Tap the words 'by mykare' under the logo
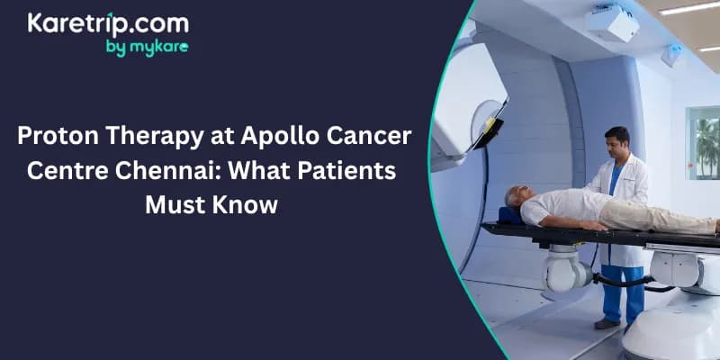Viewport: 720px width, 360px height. pyautogui.click(x=147, y=48)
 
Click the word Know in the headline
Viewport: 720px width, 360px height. pyautogui.click(x=247, y=204)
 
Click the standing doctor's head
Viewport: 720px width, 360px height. pyautogui.click(x=617, y=142)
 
